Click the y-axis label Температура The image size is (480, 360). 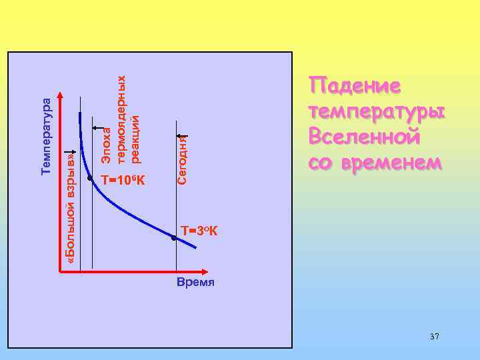point(46,137)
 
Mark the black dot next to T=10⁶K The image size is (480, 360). point(90,178)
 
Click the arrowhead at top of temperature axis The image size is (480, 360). point(61,95)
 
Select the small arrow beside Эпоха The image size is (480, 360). point(98,127)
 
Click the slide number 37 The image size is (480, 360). point(434,337)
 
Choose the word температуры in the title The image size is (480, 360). point(376,111)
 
